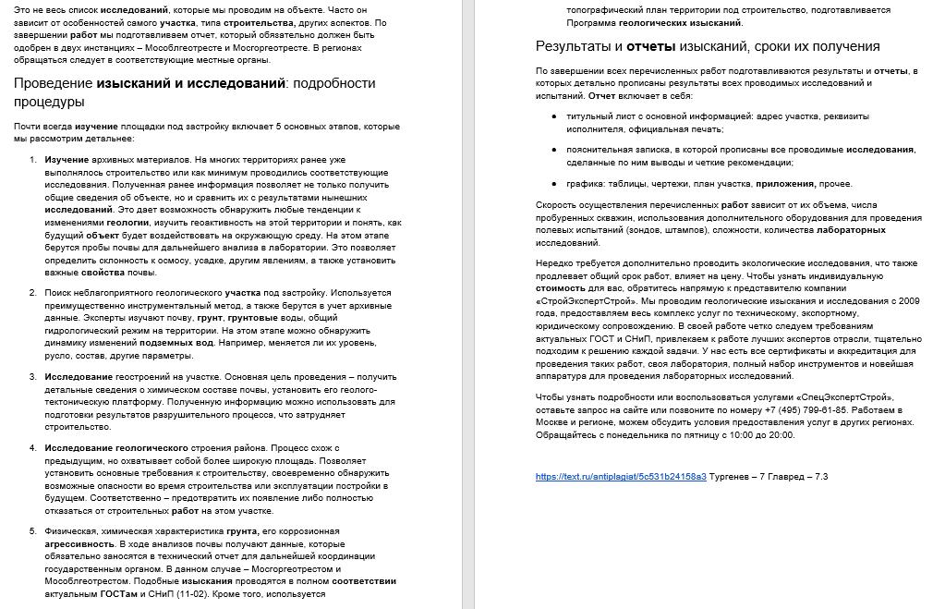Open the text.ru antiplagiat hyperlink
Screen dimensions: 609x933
[621, 477]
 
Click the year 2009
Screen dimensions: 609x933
[908, 300]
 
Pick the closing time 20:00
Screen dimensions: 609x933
[781, 434]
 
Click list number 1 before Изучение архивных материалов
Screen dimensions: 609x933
[33, 160]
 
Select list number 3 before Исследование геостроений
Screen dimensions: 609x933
[33, 376]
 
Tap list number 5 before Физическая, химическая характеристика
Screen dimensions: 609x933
[33, 531]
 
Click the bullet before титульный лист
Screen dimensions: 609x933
[554, 117]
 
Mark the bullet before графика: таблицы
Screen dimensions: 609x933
[554, 184]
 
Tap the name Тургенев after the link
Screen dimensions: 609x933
[732, 477]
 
